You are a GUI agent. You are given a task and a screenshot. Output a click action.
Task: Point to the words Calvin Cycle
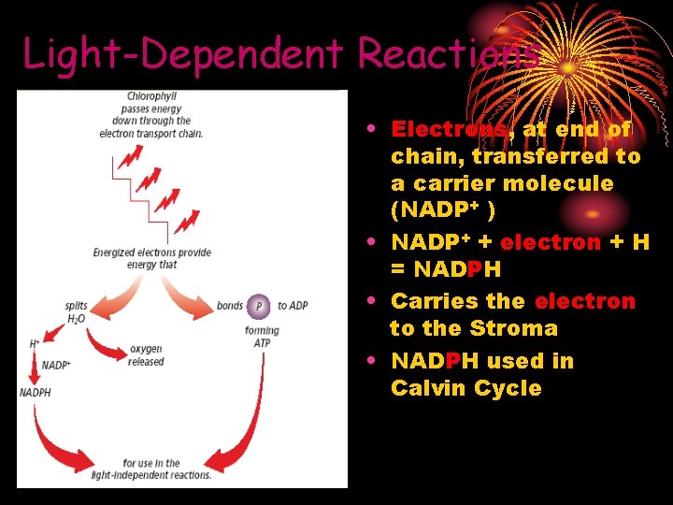(466, 388)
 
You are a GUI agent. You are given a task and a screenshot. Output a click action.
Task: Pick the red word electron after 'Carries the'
(584, 301)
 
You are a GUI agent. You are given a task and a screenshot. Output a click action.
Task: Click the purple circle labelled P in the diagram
(259, 306)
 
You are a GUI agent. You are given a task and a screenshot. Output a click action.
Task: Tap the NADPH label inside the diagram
(36, 393)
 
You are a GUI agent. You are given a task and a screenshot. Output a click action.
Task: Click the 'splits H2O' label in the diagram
(77, 311)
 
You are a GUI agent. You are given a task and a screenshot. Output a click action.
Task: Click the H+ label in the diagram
(35, 344)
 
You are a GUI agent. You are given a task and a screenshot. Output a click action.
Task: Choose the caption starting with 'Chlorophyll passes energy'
(151, 114)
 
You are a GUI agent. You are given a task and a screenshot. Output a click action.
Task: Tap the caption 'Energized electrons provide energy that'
(151, 258)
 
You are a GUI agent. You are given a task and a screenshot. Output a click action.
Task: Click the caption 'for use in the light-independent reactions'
(151, 469)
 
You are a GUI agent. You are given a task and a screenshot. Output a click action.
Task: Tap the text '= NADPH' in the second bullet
(446, 270)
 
